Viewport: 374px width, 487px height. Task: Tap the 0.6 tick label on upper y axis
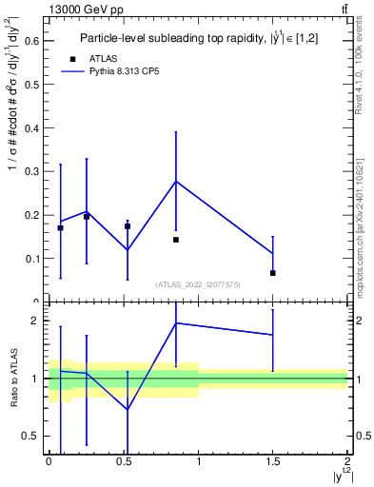click(31, 40)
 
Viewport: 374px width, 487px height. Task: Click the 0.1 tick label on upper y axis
click(31, 258)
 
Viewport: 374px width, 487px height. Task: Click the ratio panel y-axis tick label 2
click(35, 321)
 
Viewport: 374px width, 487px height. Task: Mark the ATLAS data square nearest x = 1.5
click(272, 273)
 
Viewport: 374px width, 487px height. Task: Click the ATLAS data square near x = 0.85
click(176, 240)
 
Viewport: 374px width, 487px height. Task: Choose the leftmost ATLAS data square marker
click(60, 228)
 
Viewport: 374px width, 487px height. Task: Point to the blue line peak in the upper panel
click(176, 181)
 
